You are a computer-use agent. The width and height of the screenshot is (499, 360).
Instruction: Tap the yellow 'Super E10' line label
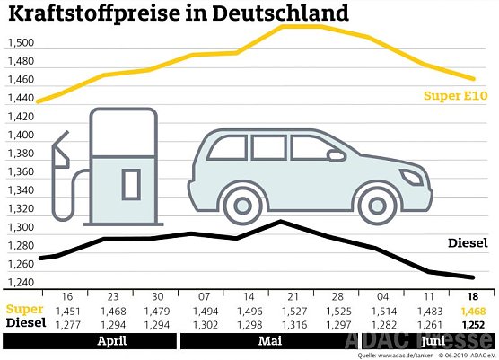456,95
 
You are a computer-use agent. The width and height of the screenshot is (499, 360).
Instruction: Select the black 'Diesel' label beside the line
468,242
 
